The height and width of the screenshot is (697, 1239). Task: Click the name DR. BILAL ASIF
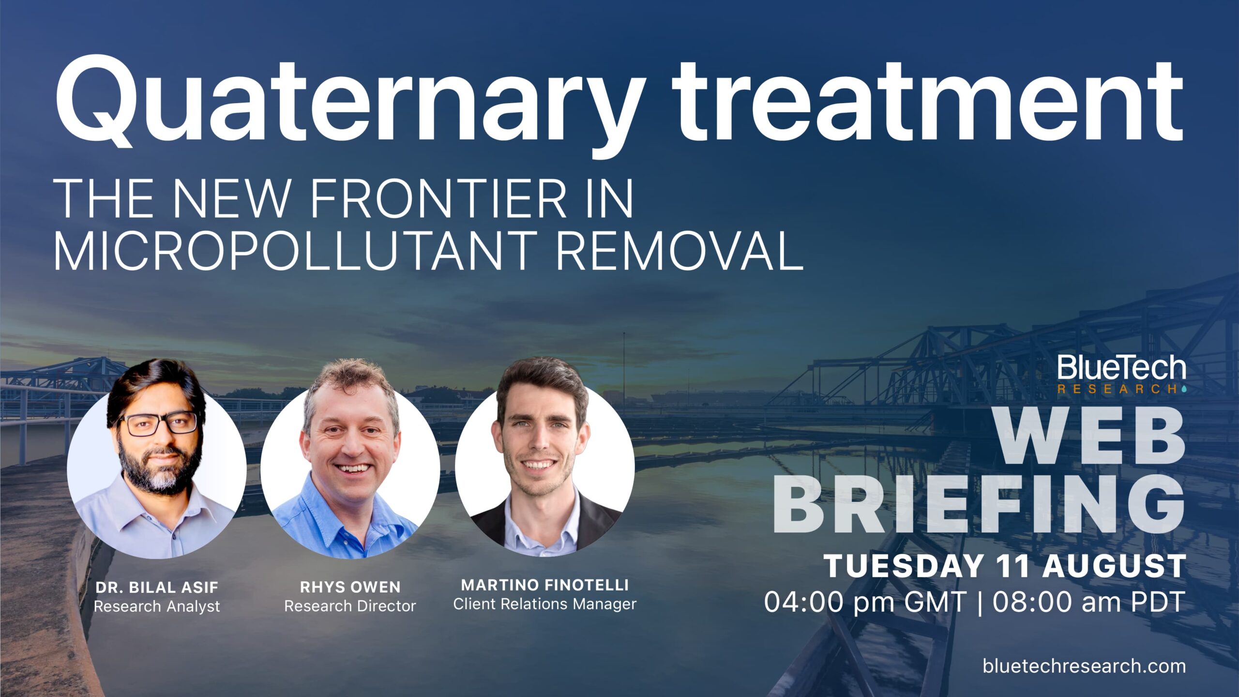coord(157,588)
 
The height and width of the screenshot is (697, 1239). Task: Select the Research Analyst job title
coord(157,606)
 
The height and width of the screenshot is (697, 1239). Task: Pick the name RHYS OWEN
coord(350,587)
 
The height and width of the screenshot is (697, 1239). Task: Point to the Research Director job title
coord(350,606)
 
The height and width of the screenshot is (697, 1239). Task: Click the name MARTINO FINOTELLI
coord(545,585)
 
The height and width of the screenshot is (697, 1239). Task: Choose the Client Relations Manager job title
coord(545,604)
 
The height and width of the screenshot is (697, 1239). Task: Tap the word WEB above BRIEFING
coord(1089,436)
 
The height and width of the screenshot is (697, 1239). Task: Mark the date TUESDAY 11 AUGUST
coord(1005,566)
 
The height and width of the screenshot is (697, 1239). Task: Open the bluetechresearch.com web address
coord(1084,666)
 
